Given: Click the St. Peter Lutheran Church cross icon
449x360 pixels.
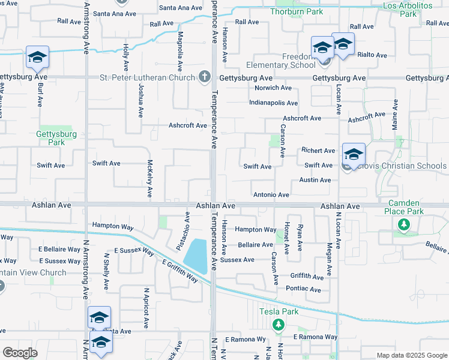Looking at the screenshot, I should (x=204, y=77).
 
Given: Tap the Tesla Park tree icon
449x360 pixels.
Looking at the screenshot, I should (x=278, y=325).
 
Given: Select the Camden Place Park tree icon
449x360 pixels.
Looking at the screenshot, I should (x=404, y=224).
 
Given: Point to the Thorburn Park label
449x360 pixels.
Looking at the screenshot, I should (x=297, y=11).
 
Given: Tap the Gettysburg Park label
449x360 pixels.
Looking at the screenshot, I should (x=50, y=138).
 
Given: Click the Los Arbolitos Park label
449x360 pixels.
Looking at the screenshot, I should (x=408, y=9).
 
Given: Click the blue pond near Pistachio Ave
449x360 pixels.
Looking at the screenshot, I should (x=197, y=256).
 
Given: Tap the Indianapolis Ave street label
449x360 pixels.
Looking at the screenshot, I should (x=274, y=103).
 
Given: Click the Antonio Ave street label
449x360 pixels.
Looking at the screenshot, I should (x=271, y=195).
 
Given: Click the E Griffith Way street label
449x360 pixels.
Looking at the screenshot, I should (x=179, y=271).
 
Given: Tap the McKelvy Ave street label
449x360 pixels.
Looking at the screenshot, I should (x=149, y=179).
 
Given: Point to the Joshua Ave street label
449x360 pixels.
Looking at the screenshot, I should (x=140, y=100).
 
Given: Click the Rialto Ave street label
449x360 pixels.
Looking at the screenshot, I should (x=372, y=55).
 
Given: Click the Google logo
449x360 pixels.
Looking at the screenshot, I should (x=20, y=353).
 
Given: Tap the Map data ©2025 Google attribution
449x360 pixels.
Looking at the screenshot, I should (x=411, y=355).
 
